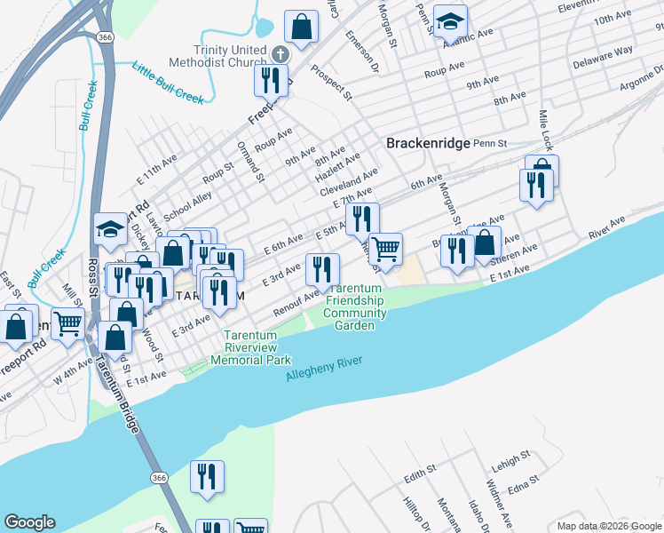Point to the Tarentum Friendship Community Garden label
point(355,306)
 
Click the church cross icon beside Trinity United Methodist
point(280,54)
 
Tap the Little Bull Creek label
point(169,81)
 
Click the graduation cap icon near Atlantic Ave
point(451,20)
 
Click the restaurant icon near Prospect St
point(271,80)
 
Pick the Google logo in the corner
point(29,522)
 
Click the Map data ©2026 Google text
point(609,526)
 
